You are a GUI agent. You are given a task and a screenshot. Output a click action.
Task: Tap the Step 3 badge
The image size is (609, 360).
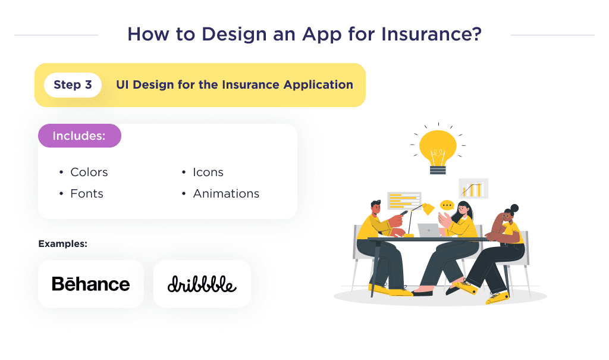(x=73, y=85)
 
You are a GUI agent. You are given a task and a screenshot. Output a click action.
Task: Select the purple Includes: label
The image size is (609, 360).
(x=79, y=136)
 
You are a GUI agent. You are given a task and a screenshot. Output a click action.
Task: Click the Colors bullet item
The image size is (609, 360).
(x=89, y=173)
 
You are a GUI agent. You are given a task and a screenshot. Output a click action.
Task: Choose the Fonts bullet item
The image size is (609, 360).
(x=86, y=194)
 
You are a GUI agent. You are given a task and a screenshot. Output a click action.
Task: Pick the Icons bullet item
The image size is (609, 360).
(x=208, y=173)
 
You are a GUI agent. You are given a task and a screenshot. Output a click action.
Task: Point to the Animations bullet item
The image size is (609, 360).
(x=225, y=194)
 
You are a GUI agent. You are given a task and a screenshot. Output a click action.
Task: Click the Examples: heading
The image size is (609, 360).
(x=62, y=244)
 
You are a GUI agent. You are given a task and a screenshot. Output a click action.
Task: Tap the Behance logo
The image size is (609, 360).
(x=90, y=284)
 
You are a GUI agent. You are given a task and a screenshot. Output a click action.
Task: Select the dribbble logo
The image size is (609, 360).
(x=202, y=284)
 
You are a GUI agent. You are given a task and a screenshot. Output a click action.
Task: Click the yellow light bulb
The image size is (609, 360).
(x=438, y=146)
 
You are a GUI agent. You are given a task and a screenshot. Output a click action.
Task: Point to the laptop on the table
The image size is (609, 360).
(x=429, y=230)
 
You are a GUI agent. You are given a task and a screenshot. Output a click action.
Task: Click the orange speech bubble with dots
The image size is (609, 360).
(x=447, y=205)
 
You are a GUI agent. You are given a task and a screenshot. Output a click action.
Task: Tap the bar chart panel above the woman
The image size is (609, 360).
(x=473, y=189)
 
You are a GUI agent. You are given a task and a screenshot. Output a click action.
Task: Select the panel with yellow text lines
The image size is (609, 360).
(x=404, y=201)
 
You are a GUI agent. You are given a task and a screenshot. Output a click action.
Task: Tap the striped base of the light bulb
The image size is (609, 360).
(x=438, y=170)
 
